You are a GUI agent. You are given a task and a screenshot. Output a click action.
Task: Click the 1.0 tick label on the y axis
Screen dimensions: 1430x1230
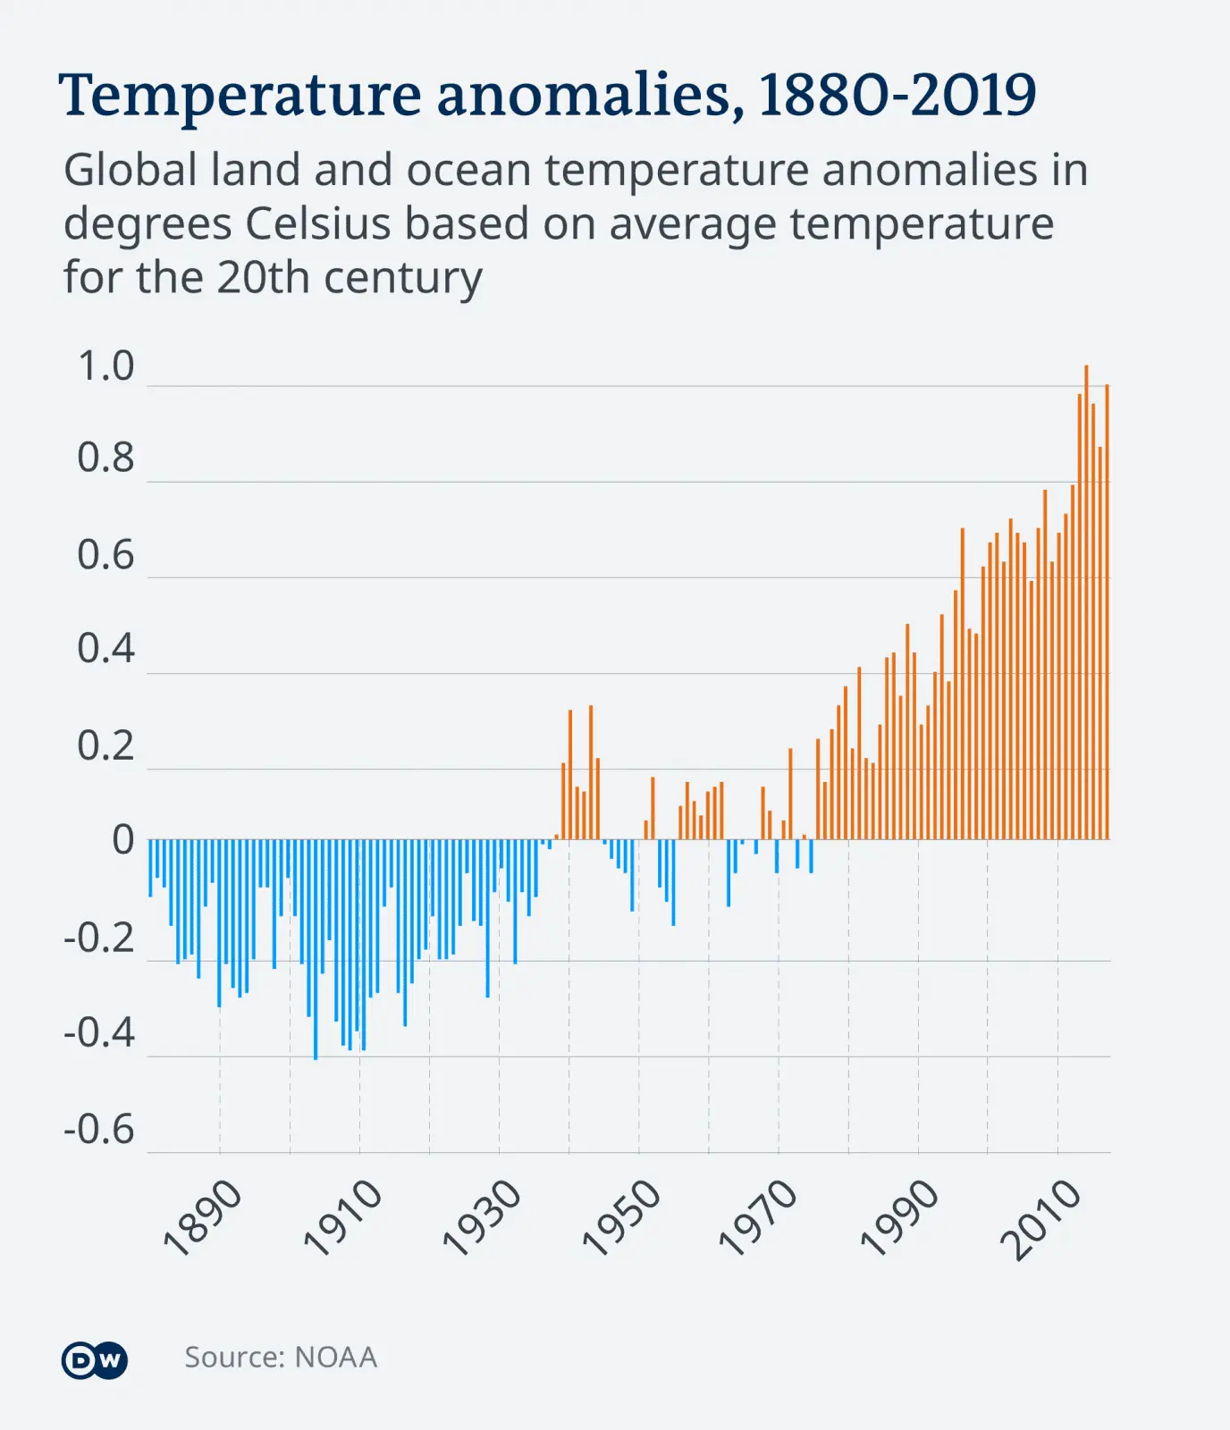(x=105, y=366)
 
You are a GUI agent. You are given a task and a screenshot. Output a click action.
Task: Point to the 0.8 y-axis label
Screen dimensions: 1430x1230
(x=105, y=458)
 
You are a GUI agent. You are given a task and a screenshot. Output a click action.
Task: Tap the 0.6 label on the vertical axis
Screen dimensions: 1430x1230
(x=105, y=555)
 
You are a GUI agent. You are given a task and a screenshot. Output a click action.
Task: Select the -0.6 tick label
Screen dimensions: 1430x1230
(x=99, y=1130)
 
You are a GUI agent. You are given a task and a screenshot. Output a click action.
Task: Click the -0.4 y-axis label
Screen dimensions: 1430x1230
(x=99, y=1033)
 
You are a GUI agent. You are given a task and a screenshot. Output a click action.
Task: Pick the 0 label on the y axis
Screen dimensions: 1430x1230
(x=122, y=840)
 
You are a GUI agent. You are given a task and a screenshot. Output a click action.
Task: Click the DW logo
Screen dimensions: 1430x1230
(x=95, y=1360)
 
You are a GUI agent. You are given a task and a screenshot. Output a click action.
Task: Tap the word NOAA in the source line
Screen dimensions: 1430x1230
(x=335, y=1358)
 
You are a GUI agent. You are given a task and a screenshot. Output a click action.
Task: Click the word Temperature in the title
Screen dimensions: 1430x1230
(x=240, y=96)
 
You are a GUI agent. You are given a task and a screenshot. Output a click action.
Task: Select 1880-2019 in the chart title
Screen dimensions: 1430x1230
(x=897, y=94)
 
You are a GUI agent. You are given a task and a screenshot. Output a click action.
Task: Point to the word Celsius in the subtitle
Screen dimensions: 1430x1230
(x=317, y=223)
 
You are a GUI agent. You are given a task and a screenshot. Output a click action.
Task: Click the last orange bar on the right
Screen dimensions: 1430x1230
(x=1107, y=612)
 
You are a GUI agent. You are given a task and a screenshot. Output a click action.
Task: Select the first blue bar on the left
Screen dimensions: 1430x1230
(x=150, y=868)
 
